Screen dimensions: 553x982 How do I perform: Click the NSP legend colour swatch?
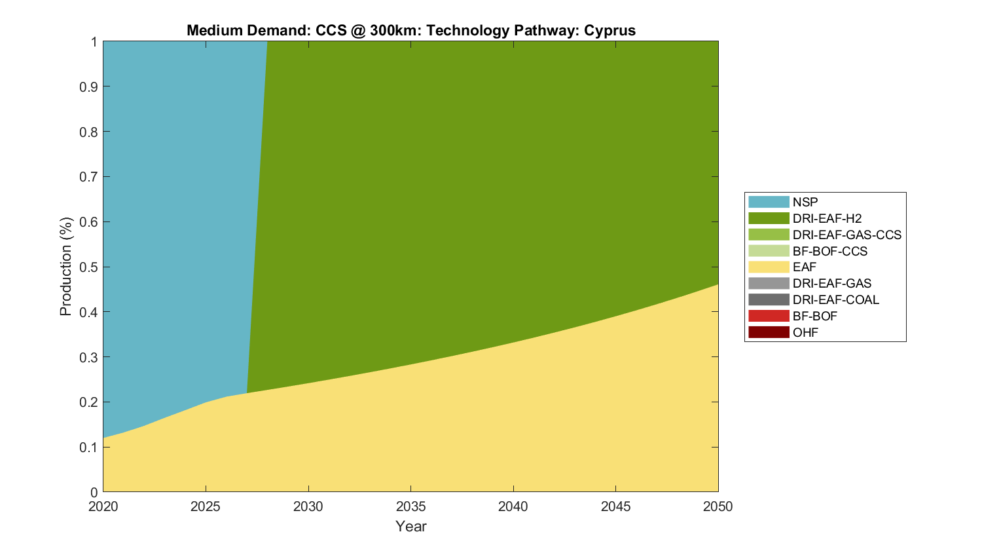[x=769, y=202]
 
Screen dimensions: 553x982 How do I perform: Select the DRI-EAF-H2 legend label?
[x=827, y=218]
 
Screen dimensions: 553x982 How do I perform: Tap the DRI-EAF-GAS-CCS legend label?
[x=846, y=235]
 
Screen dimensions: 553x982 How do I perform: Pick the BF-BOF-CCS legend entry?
[x=829, y=251]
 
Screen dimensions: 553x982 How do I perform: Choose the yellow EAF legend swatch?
[x=769, y=267]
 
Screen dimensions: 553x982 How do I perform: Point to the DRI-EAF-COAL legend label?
[x=835, y=299]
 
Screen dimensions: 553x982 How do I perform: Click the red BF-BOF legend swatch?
[x=769, y=316]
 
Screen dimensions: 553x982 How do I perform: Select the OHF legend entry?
[x=805, y=332]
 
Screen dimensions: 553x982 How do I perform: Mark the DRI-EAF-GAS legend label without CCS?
[x=831, y=283]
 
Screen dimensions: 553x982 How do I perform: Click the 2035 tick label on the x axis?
[x=410, y=506]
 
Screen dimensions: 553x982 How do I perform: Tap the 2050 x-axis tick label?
[x=718, y=506]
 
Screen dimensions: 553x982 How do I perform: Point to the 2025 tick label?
[x=206, y=506]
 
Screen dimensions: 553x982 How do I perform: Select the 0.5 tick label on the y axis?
[x=89, y=267]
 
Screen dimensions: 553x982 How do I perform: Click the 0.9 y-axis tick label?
[x=89, y=86]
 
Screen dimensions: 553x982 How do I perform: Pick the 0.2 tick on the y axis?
[x=89, y=402]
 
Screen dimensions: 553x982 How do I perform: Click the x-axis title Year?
[x=410, y=526]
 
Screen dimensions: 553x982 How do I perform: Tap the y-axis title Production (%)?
[x=65, y=267]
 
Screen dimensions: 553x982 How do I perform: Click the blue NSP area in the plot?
[x=177, y=197]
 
